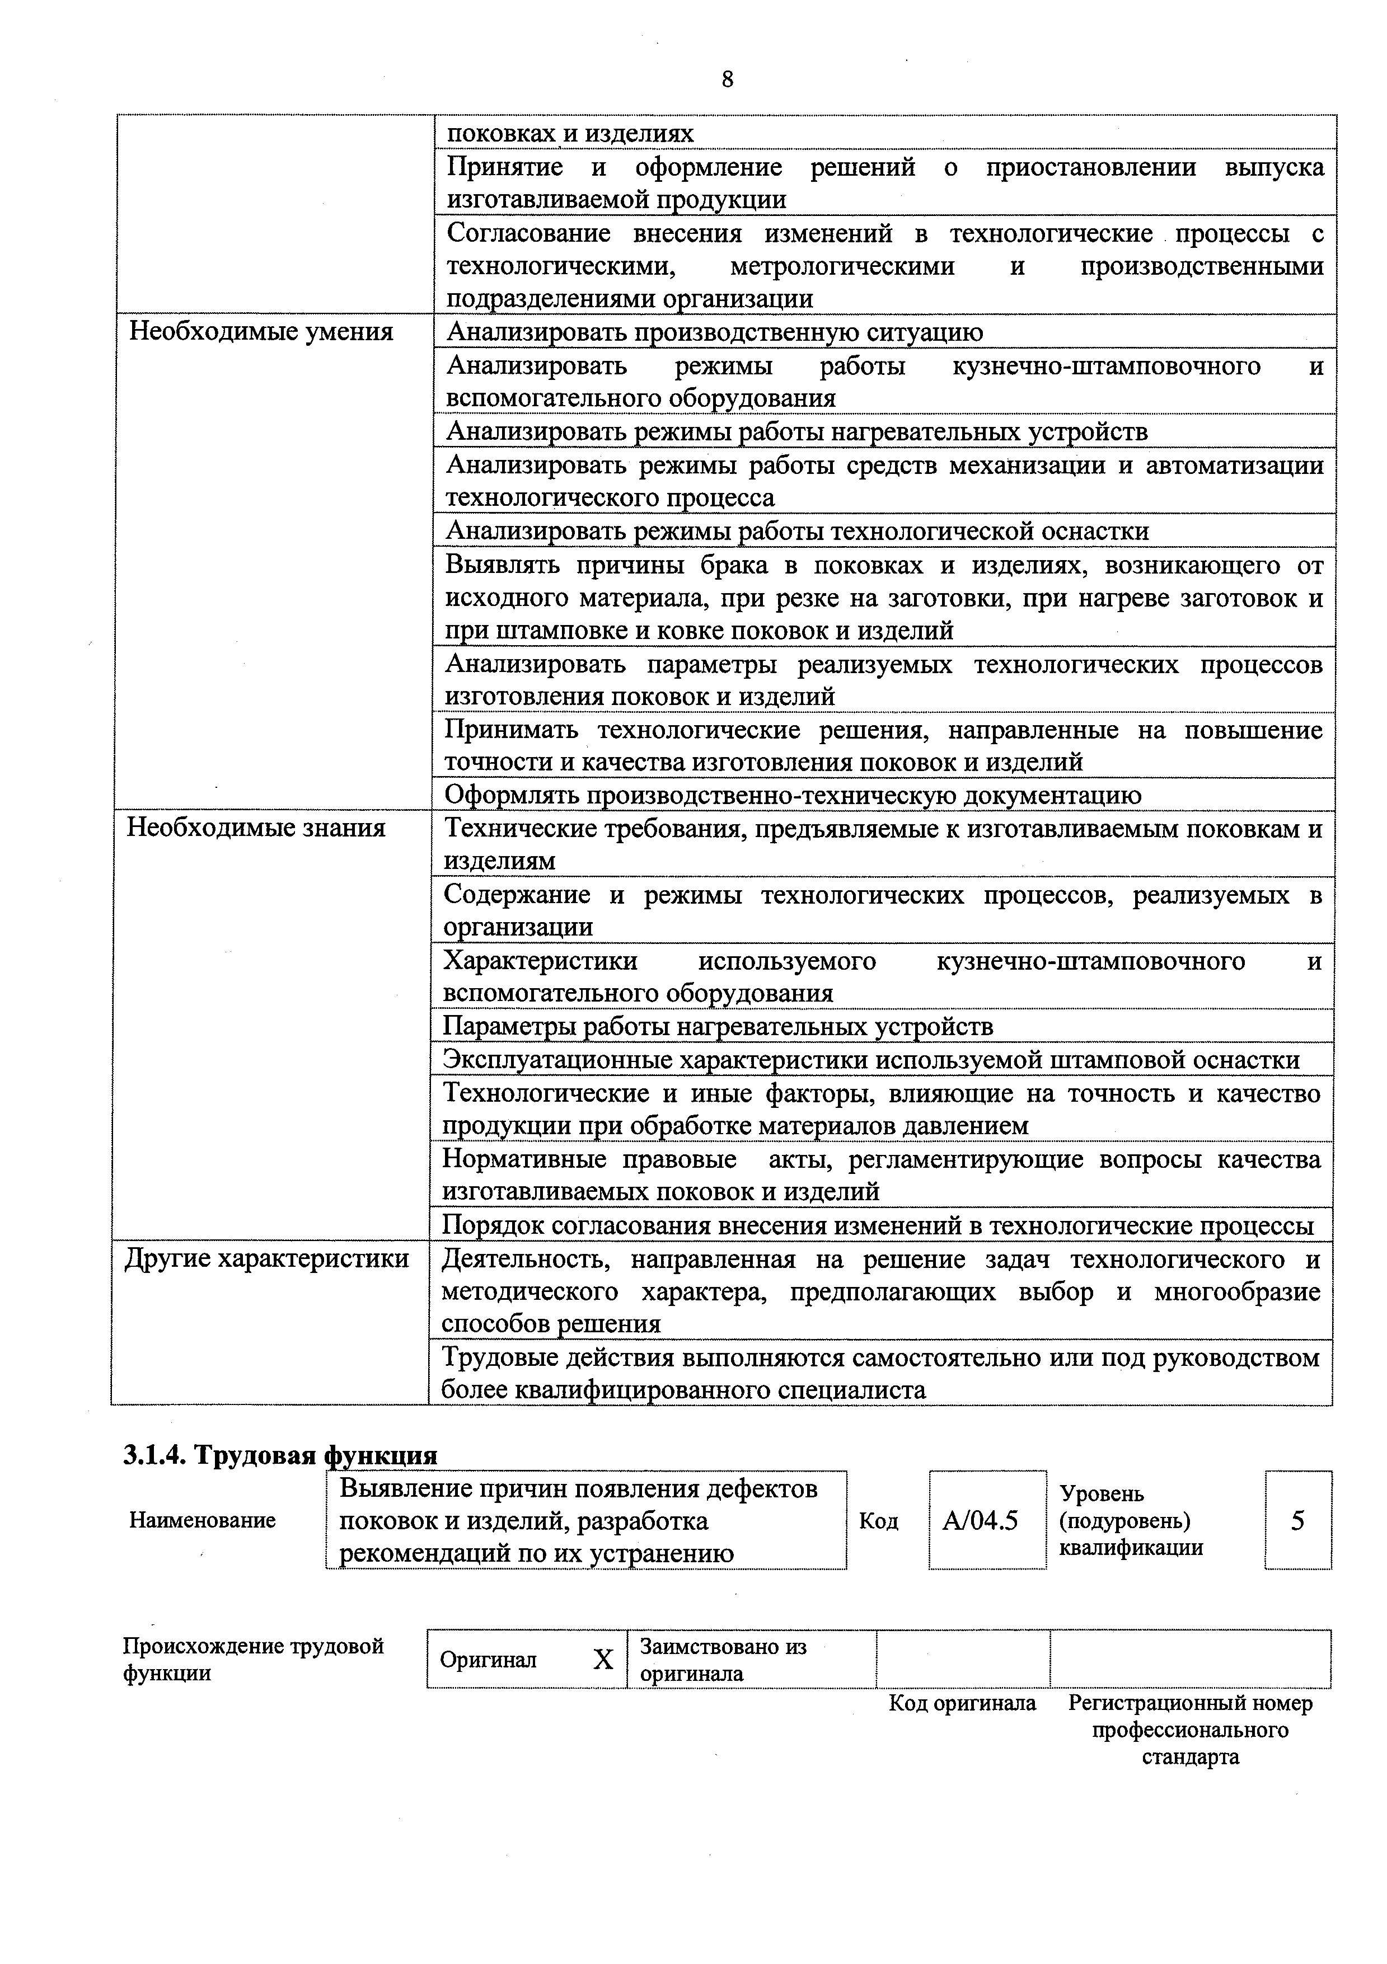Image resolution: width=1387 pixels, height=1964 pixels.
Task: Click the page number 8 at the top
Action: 727,79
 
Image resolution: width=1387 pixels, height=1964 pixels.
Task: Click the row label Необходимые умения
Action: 260,332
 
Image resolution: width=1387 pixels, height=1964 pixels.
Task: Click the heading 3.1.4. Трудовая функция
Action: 280,1454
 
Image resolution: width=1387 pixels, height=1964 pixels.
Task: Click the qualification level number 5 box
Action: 1297,1520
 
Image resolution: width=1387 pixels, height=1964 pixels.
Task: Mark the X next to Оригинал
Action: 603,1660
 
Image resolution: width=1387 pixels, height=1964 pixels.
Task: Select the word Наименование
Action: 202,1520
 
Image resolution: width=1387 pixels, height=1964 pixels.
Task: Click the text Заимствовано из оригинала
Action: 723,1660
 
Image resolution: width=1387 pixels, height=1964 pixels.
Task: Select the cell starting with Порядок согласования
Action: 877,1226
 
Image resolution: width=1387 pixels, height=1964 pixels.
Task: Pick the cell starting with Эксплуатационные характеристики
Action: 870,1060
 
